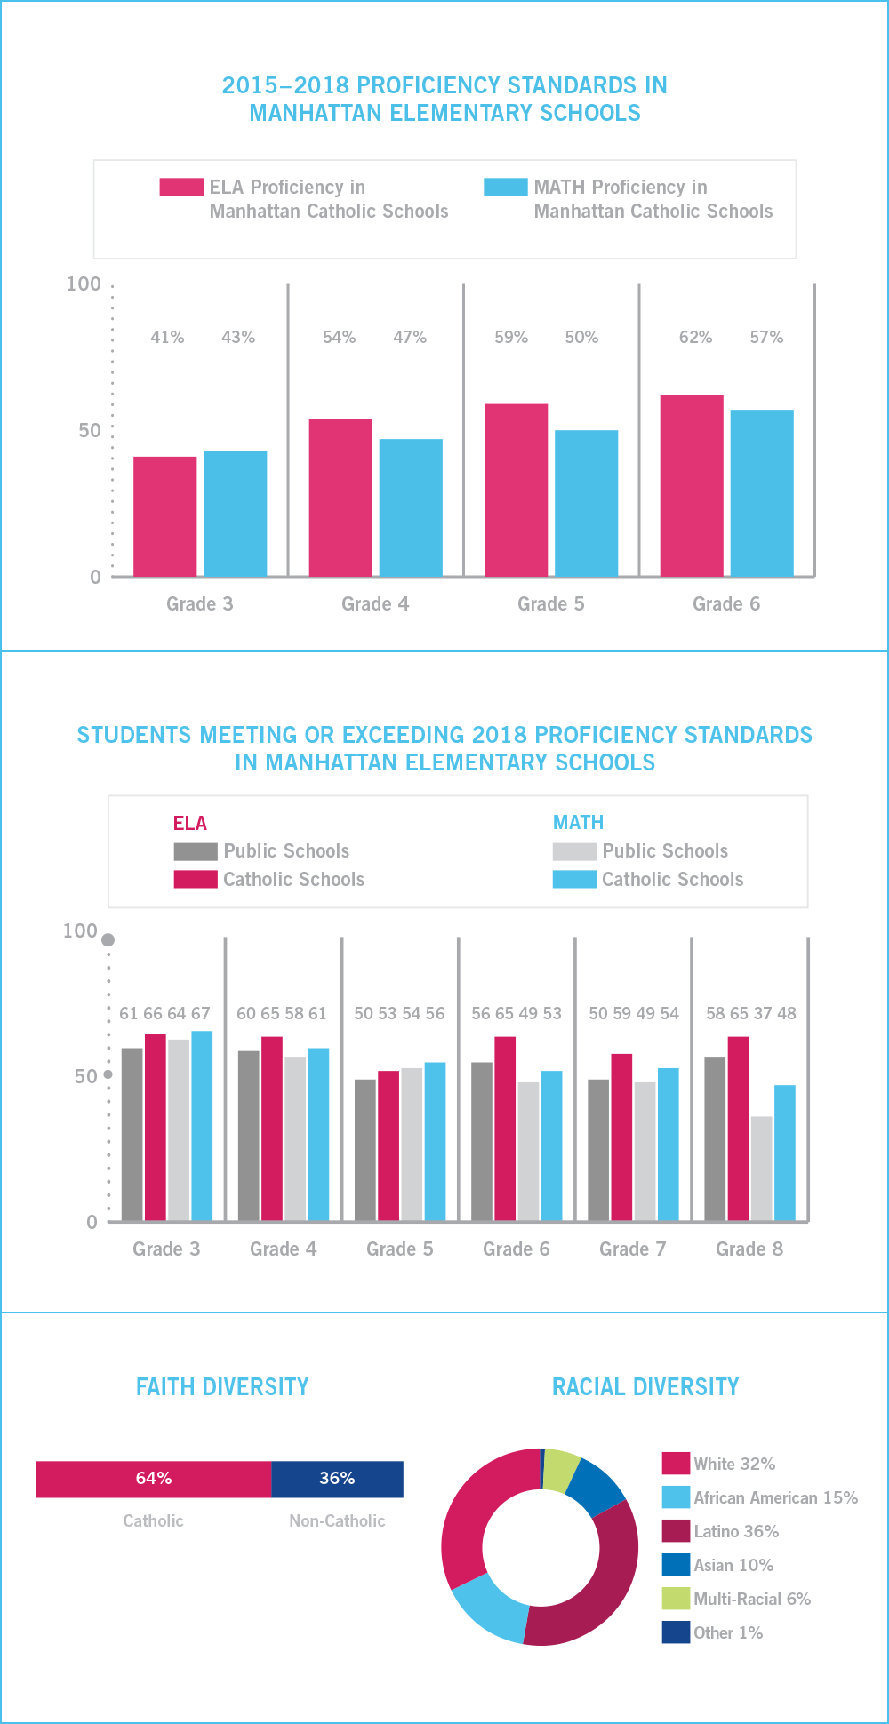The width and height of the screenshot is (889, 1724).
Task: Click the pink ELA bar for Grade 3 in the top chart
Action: [165, 516]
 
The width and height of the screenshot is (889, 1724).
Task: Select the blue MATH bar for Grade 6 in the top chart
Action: [762, 493]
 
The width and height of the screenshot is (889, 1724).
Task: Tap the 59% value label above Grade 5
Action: [511, 338]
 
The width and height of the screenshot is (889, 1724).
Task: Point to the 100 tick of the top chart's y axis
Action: [84, 284]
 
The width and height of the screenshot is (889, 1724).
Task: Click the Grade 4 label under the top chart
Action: [375, 604]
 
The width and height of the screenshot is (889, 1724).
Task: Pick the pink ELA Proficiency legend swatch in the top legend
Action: [181, 188]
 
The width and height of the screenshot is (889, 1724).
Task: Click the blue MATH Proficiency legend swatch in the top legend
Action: [506, 188]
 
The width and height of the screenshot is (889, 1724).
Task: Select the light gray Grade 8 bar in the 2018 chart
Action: [762, 1169]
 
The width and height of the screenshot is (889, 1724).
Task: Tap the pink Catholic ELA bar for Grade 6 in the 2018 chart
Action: [505, 1129]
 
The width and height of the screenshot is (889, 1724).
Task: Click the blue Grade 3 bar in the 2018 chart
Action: [202, 1126]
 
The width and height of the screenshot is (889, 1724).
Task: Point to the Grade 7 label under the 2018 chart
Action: [632, 1249]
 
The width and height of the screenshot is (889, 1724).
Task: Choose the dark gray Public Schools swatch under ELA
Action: [196, 851]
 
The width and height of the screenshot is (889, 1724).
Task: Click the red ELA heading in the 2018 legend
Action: [189, 823]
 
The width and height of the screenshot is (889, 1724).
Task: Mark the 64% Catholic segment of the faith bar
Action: [154, 1479]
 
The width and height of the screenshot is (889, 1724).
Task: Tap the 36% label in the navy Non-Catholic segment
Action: [337, 1478]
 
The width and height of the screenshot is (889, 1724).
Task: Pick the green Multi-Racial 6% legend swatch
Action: [676, 1599]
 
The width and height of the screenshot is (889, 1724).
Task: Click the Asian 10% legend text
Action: [733, 1565]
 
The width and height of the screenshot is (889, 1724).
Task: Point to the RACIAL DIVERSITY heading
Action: [645, 1387]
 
